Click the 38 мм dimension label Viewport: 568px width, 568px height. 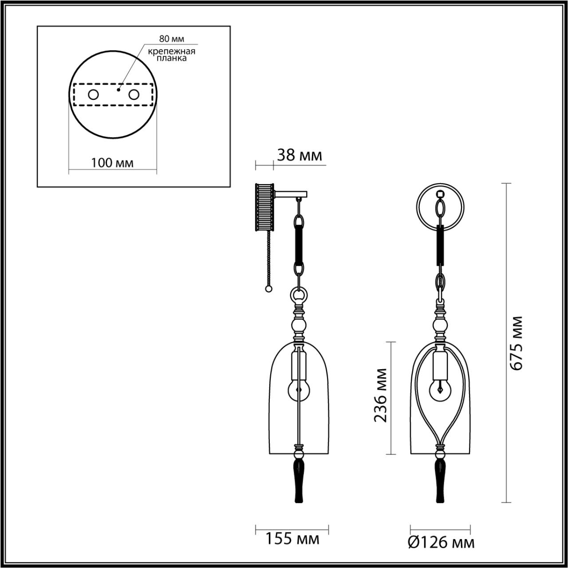tap(299, 156)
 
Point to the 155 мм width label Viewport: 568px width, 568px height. tap(292, 539)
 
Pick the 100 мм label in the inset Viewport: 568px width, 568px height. tap(112, 163)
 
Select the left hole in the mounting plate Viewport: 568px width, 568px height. tap(93, 95)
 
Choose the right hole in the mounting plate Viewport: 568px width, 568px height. tap(133, 95)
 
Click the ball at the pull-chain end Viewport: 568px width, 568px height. tap(268, 289)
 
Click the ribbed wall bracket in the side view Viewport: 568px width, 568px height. tap(265, 207)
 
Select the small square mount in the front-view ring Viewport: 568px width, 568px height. tap(440, 194)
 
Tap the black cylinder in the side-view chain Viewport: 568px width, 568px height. tap(300, 245)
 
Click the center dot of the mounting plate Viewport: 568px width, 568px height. tap(118, 90)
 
